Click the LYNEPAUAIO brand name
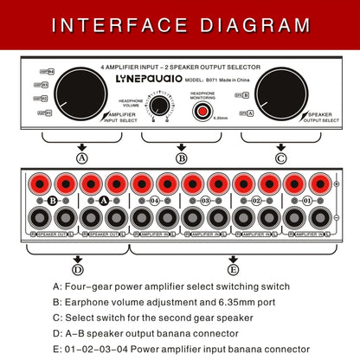click(x=151, y=76)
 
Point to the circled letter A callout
click(x=82, y=158)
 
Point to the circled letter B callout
click(x=181, y=158)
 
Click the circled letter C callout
click(x=280, y=158)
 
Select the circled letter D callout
click(x=76, y=270)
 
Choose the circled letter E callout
click(x=231, y=270)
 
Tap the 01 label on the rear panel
click(x=305, y=200)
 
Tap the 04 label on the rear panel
click(x=154, y=200)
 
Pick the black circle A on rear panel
click(x=103, y=200)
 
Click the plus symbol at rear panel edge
click(x=337, y=183)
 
